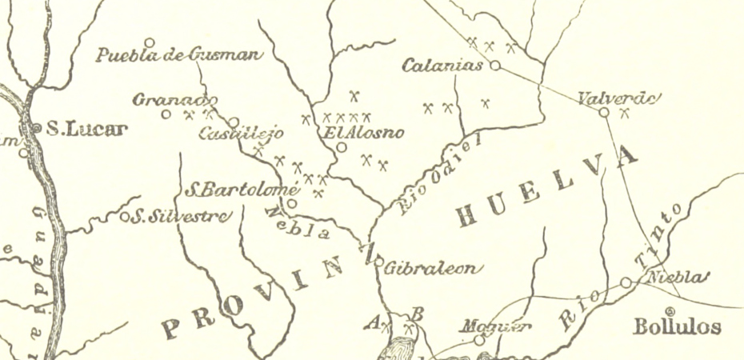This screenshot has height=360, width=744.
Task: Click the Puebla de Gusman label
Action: coord(179,55)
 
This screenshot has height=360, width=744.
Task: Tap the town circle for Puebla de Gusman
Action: coord(149,42)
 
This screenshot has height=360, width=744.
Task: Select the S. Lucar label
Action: coord(86,128)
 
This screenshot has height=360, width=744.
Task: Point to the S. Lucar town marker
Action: coord(36,127)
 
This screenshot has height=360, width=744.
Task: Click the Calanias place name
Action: coord(442,66)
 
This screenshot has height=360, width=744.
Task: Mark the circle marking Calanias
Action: coord(495,66)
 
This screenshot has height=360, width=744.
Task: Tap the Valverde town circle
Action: coord(604,112)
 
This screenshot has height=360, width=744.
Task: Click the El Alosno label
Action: coord(365,133)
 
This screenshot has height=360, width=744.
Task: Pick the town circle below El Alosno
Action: coord(341,147)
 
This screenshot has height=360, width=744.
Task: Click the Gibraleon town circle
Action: coord(378,262)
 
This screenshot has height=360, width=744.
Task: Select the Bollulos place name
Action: coord(676,326)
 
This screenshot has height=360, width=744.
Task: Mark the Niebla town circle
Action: coord(626,282)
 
